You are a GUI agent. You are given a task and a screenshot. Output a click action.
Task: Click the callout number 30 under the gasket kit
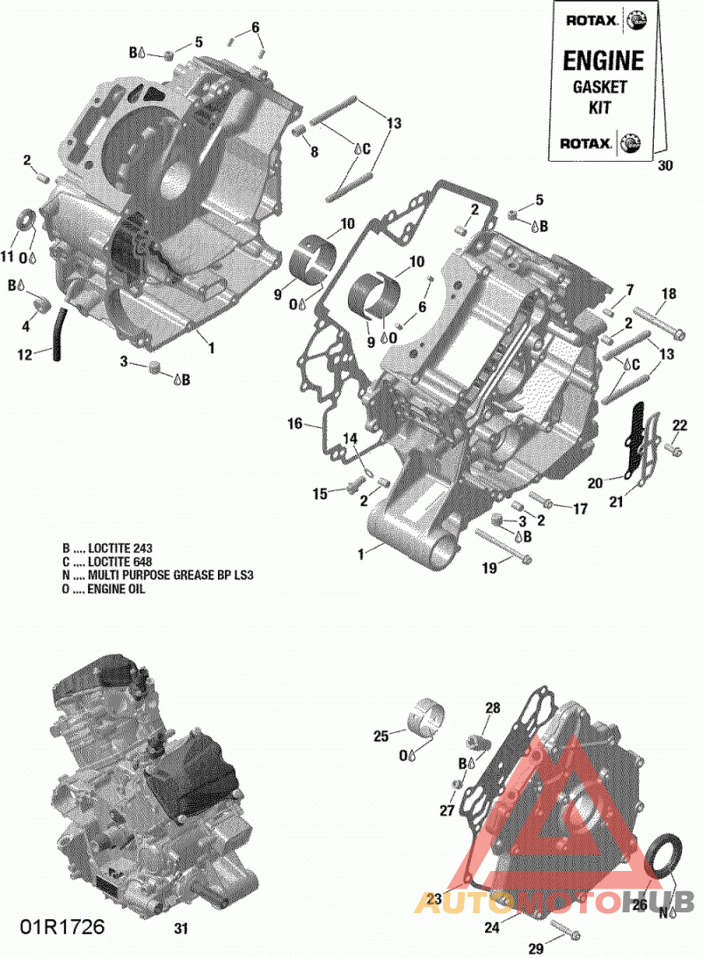pyautogui.click(x=665, y=165)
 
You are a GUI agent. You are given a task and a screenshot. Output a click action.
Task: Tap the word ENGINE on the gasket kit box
pyautogui.click(x=603, y=61)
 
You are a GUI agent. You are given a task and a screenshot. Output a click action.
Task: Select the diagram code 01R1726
pyautogui.click(x=62, y=927)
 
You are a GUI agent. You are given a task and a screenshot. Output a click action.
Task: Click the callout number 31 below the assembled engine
pyautogui.click(x=180, y=929)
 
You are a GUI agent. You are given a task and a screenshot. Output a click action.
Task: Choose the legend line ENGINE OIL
pyautogui.click(x=103, y=589)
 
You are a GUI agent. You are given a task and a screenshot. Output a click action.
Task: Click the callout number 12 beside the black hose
pyautogui.click(x=25, y=354)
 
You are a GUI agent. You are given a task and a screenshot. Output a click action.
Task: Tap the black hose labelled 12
pyautogui.click(x=58, y=334)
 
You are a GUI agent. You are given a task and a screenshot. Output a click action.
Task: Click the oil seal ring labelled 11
pyautogui.click(x=25, y=221)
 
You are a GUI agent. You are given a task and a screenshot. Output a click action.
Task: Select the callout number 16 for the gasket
pyautogui.click(x=295, y=423)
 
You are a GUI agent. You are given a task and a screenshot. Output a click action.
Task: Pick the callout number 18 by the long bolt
pyautogui.click(x=669, y=294)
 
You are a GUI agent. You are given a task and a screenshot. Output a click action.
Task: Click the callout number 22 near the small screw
pyautogui.click(x=680, y=425)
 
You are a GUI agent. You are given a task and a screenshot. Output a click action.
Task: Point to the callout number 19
pyautogui.click(x=489, y=568)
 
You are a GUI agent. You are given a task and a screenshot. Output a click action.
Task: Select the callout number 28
pyautogui.click(x=492, y=708)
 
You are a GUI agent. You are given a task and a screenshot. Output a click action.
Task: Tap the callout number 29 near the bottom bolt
pyautogui.click(x=536, y=949)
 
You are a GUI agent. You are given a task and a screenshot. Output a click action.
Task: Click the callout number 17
pyautogui.click(x=580, y=508)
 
